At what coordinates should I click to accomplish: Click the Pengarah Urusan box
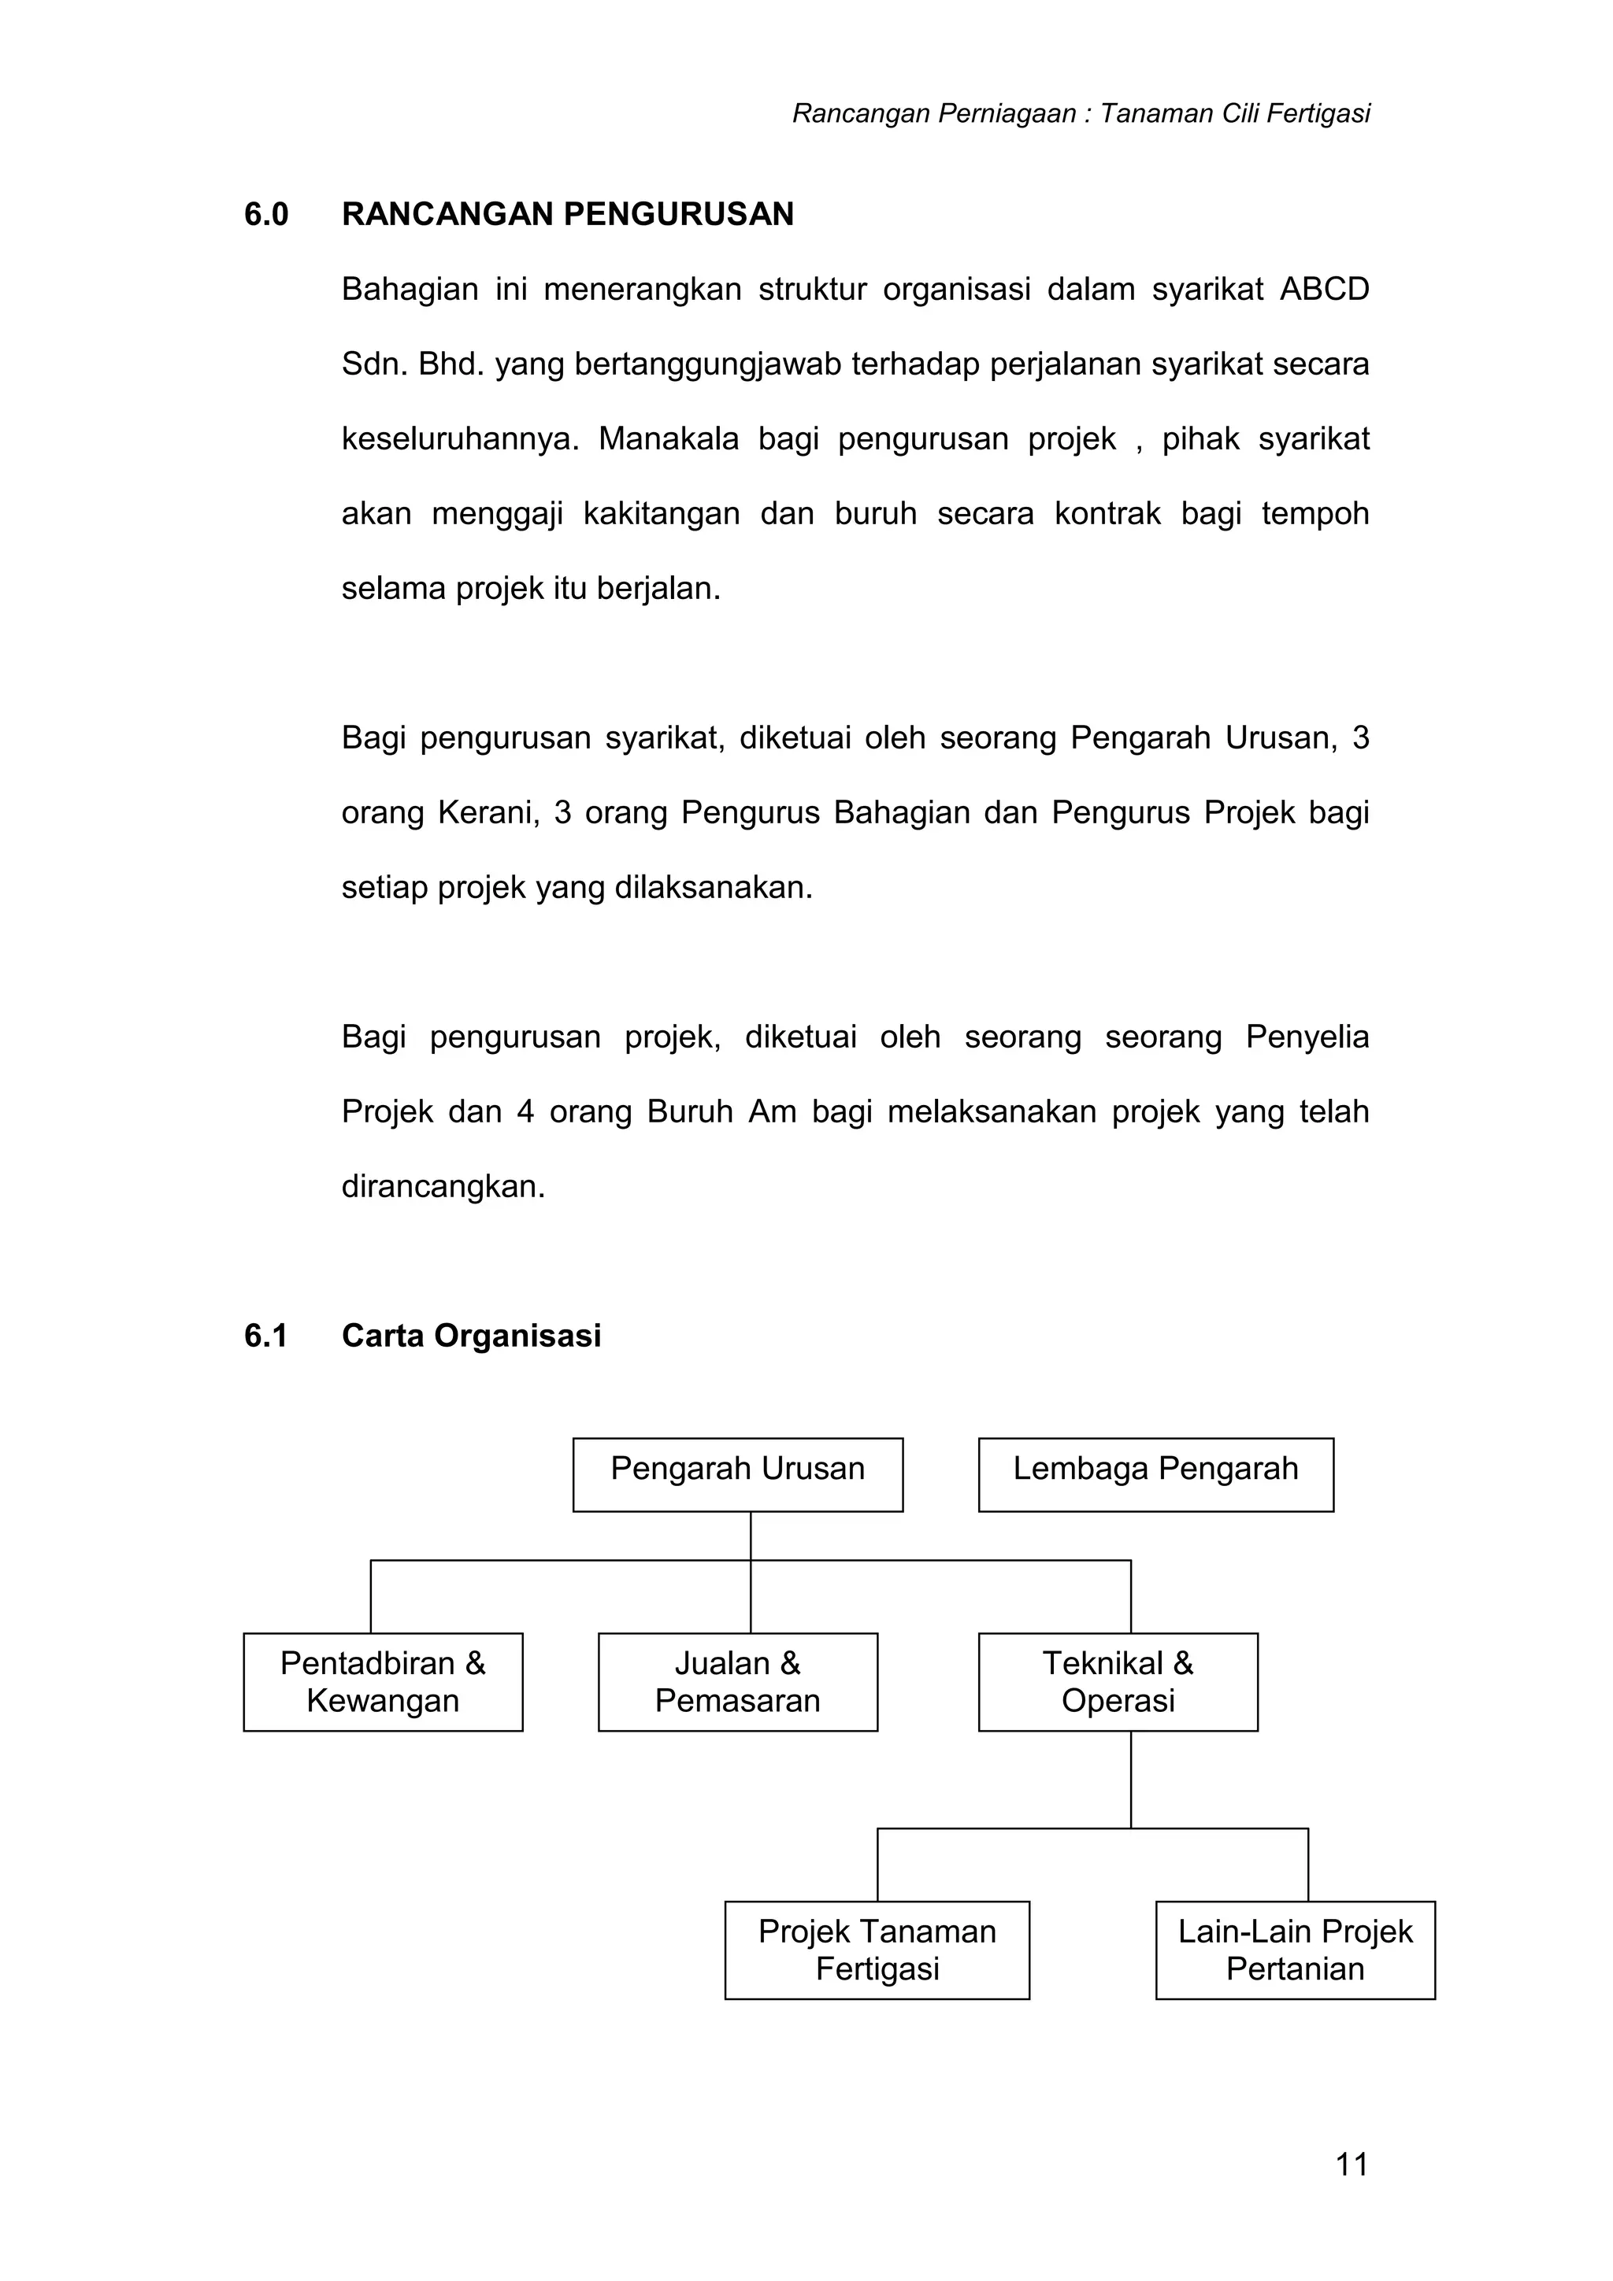click(x=737, y=1474)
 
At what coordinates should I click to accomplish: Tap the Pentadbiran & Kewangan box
click(x=383, y=1681)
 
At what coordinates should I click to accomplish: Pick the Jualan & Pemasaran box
click(x=737, y=1681)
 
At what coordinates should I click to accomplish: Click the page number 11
click(x=1352, y=2164)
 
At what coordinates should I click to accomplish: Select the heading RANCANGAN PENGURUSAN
click(x=568, y=215)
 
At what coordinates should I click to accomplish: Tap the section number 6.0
click(x=266, y=215)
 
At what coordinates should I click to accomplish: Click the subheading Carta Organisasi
click(x=471, y=1336)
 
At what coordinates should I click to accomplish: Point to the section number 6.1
click(x=265, y=1336)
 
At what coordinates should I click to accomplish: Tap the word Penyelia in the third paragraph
click(x=1307, y=1037)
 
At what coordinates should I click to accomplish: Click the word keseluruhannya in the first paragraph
click(x=459, y=439)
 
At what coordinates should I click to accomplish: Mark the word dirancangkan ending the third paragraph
click(x=443, y=1187)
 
